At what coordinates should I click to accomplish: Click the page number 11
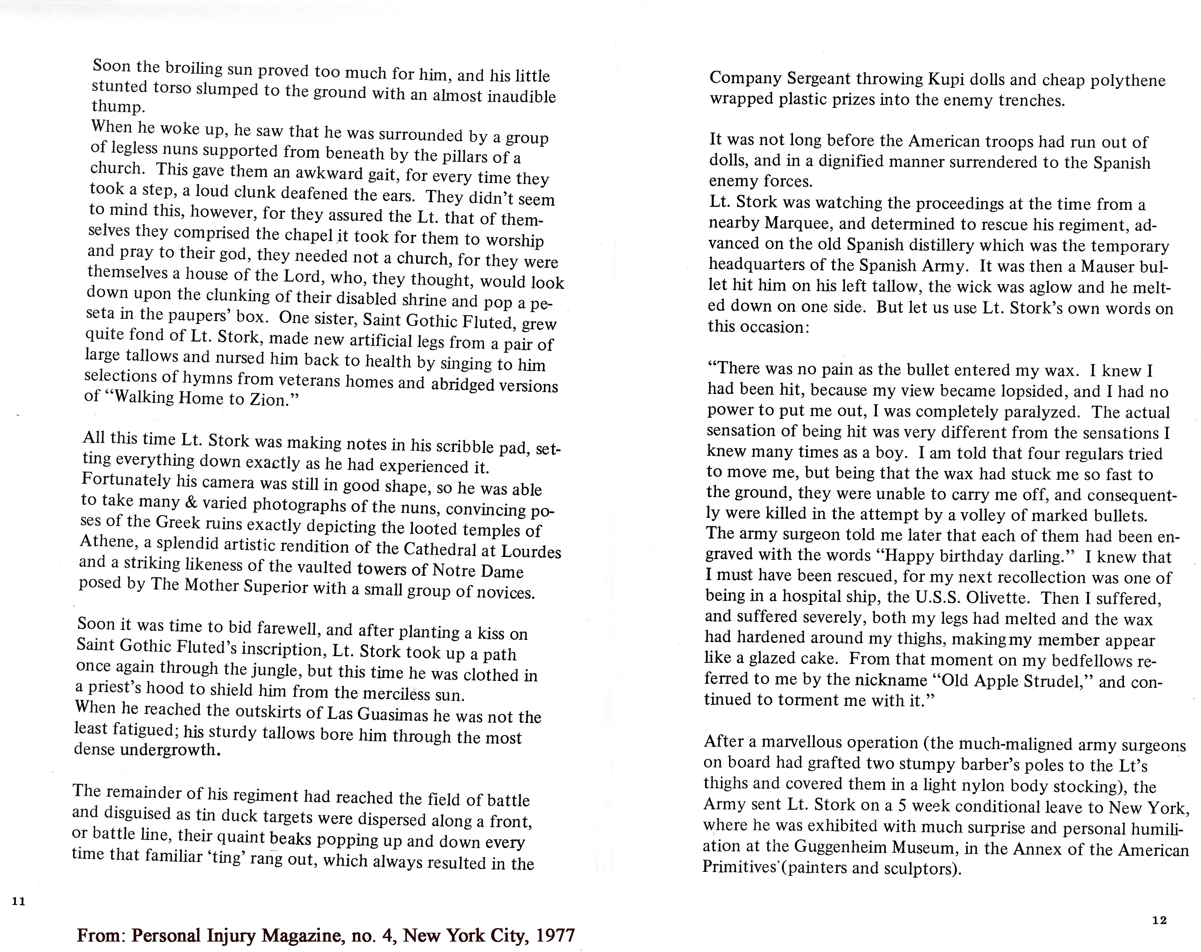tap(18, 901)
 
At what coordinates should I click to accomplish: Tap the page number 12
tap(1159, 920)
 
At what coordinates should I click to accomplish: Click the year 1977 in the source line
tap(554, 935)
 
